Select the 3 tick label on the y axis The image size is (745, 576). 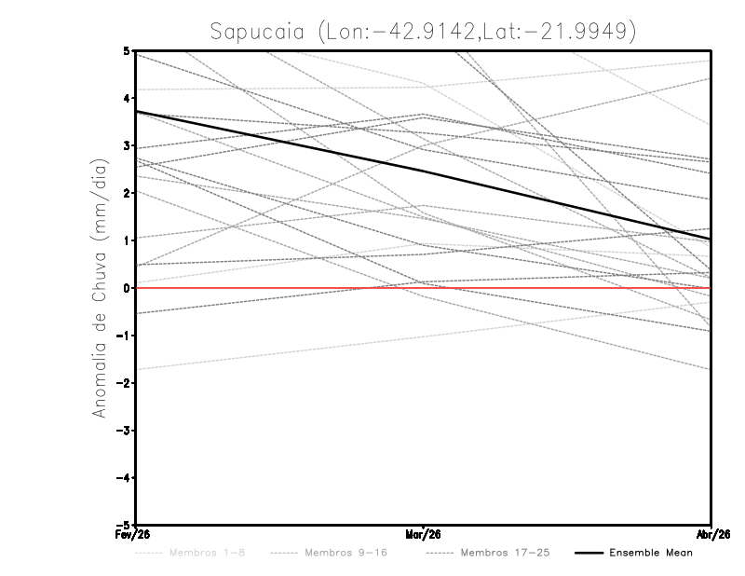126,145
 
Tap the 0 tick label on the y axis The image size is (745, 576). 126,288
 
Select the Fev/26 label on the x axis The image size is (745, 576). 136,535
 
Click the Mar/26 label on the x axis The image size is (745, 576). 424,535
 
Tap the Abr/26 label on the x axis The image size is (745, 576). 711,535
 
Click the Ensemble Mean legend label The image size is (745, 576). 651,553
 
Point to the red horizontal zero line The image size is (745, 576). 559,288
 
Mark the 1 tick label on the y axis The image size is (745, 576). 126,240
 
